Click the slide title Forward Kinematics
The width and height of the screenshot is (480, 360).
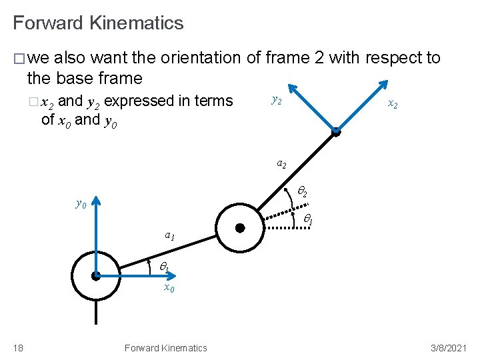[98, 23]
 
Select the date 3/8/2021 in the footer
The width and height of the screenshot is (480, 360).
[448, 348]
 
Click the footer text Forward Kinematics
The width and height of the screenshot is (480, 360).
[165, 348]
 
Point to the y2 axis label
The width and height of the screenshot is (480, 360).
[277, 101]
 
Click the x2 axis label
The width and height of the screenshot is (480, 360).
[393, 105]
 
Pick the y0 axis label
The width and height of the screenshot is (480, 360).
[80, 203]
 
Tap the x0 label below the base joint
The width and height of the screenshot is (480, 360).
[169, 288]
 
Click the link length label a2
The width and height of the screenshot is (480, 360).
[282, 164]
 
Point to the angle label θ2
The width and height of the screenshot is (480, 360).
[301, 193]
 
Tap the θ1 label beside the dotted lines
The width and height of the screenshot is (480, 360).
[309, 219]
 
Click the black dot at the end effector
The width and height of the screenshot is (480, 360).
[337, 132]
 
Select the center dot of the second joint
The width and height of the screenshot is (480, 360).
[240, 228]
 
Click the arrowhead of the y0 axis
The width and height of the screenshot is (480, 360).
[96, 200]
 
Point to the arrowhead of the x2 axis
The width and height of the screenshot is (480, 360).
[385, 85]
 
